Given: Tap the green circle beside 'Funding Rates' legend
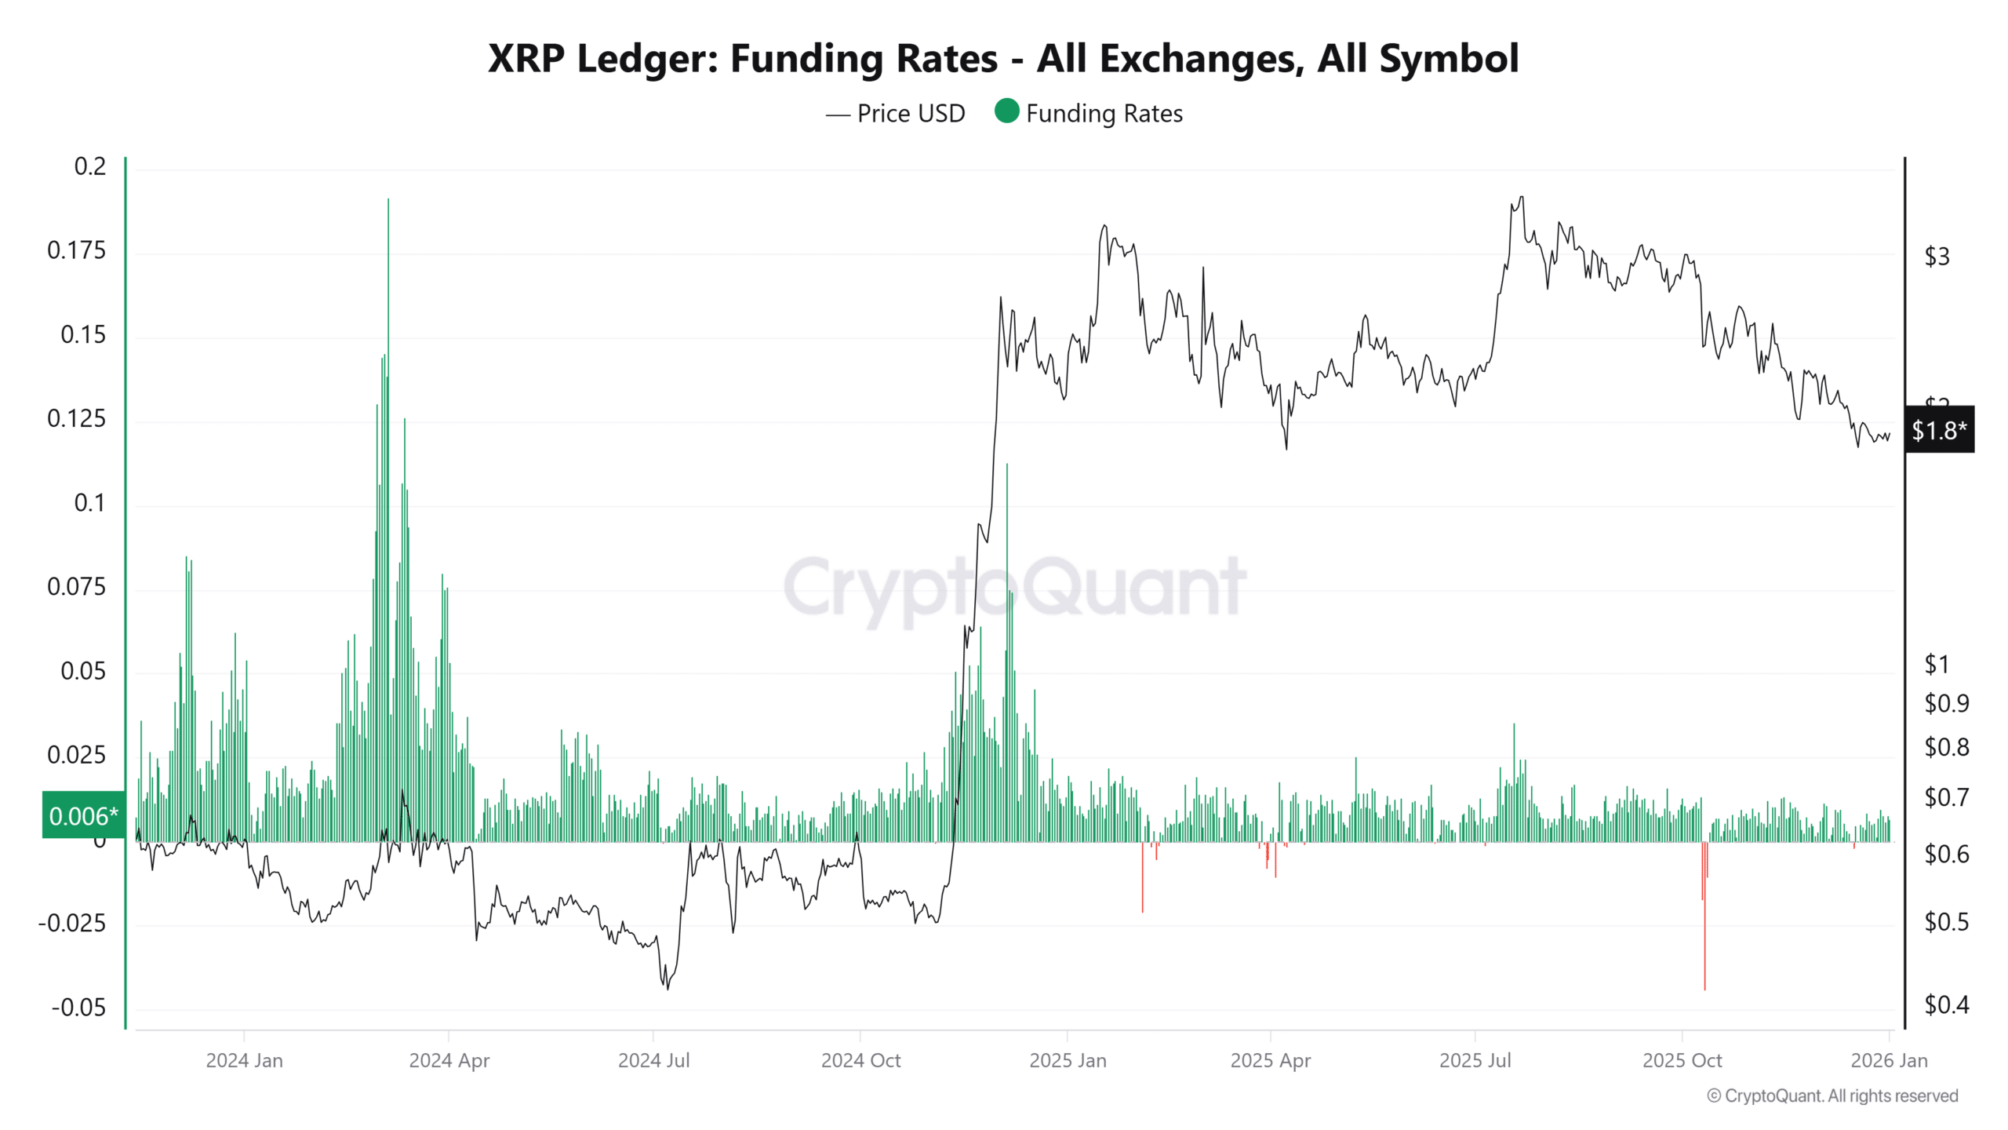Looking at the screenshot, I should coord(1006,111).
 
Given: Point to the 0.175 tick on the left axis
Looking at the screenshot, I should coord(76,250).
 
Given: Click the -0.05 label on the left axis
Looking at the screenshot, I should coord(78,1008).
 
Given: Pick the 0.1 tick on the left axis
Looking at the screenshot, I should coord(89,503).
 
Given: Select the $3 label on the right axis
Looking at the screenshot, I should coord(1937,257).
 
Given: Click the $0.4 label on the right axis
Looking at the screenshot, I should coord(1946,1005).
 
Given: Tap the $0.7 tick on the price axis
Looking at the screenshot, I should coord(1946,798).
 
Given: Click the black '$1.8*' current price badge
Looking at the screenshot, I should coord(1939,430).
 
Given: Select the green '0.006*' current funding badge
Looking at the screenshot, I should coord(83,816).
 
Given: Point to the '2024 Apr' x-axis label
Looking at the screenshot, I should coord(449,1061).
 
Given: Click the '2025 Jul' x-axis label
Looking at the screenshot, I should coord(1475,1061).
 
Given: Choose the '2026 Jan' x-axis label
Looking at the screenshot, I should coord(1889,1061).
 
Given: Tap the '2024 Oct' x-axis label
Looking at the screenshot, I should coord(860,1061).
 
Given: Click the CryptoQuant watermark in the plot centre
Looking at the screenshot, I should coord(1014,587).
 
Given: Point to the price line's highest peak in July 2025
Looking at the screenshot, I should coord(1522,198).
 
